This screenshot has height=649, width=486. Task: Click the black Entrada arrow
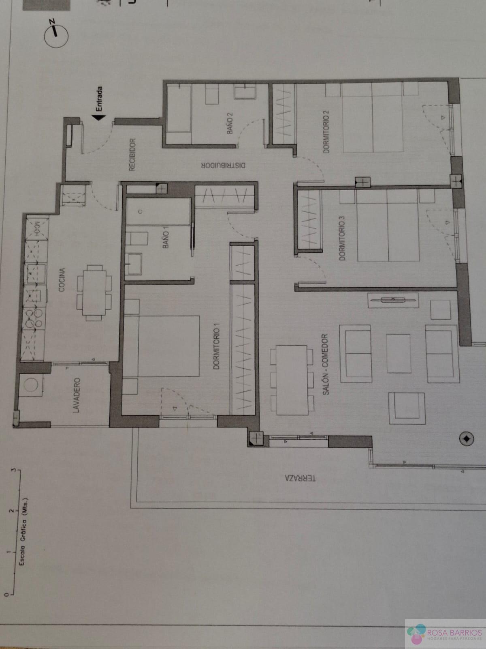click(x=99, y=117)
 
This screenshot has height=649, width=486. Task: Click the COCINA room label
click(x=62, y=280)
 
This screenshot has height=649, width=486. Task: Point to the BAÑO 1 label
click(x=166, y=239)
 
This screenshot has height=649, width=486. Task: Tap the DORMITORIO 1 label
click(x=217, y=346)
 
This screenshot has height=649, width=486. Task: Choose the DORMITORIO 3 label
click(x=342, y=238)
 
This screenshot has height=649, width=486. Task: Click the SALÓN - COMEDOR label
click(x=325, y=365)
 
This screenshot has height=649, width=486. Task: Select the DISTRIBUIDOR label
click(x=224, y=165)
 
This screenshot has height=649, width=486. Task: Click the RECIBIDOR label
click(x=132, y=155)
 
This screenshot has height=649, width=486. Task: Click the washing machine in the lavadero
click(x=31, y=385)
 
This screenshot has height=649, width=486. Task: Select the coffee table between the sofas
click(x=399, y=354)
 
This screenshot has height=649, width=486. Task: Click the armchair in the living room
click(x=407, y=408)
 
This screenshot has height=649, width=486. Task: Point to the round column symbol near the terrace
click(x=467, y=439)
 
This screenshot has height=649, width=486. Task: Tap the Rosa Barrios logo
click(x=445, y=632)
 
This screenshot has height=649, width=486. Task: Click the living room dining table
click(x=292, y=380)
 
